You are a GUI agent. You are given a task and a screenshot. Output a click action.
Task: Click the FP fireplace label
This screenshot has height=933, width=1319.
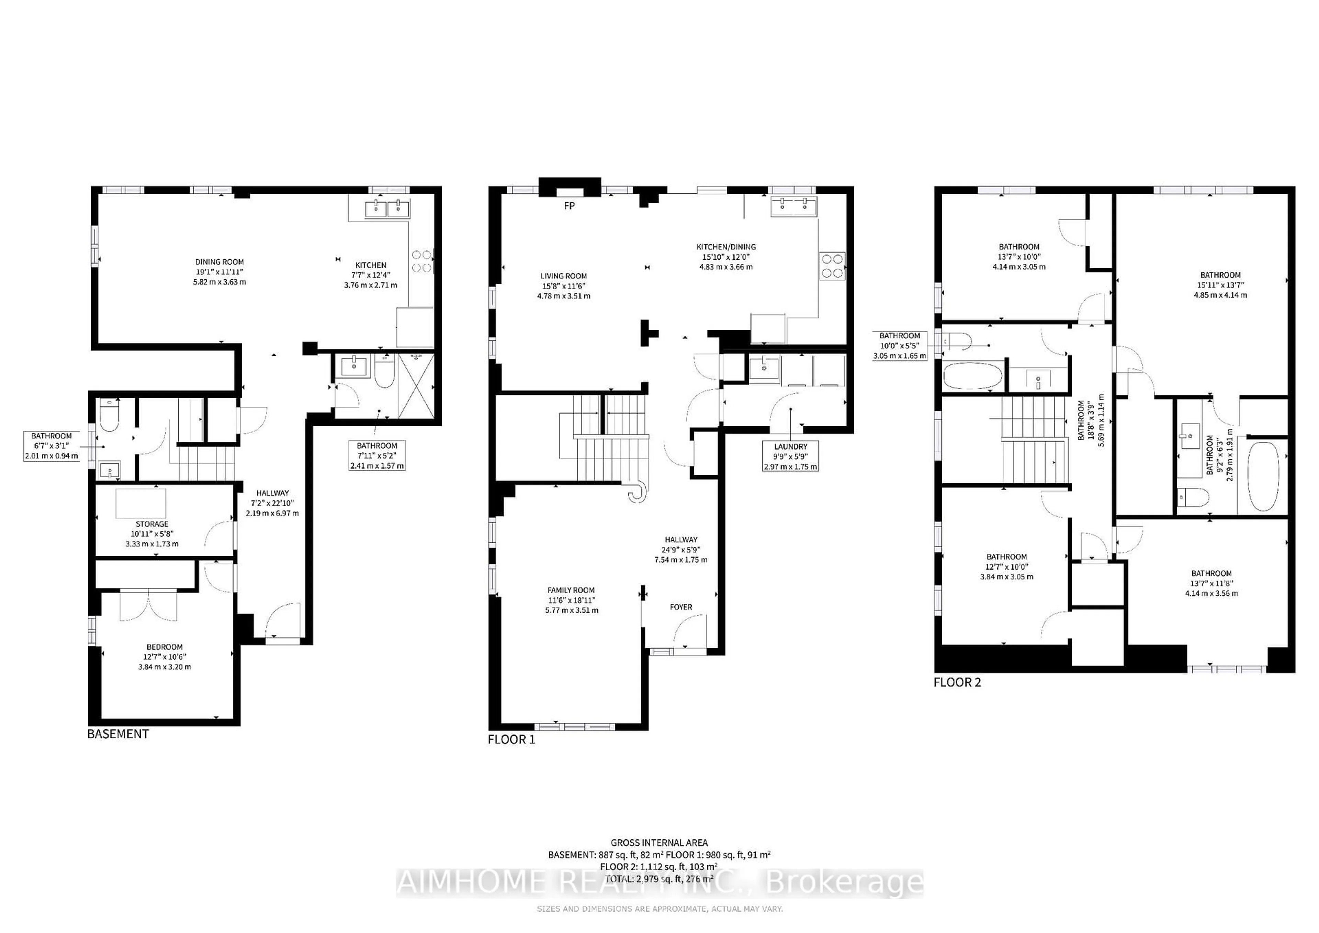[569, 206]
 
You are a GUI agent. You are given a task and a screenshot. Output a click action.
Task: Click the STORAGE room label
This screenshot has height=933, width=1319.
[152, 524]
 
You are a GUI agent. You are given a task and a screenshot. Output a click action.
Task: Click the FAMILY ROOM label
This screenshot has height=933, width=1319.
[571, 590]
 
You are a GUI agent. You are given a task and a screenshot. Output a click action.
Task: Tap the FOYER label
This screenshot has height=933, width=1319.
[681, 607]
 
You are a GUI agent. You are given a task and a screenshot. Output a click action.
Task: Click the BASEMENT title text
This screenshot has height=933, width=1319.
[118, 734]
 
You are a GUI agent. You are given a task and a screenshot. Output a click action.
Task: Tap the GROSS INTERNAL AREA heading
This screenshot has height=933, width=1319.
[659, 843]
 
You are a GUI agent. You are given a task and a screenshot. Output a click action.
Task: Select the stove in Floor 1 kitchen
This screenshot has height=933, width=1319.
[832, 266]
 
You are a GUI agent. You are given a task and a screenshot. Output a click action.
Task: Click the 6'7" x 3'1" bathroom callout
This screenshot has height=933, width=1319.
[51, 446]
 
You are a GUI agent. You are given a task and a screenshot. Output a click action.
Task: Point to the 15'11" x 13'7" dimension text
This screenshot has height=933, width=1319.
[1220, 285]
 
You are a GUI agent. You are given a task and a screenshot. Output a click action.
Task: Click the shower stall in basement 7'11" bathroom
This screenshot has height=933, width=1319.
[416, 385]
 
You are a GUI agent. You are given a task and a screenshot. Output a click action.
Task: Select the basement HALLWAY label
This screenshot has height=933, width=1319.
[272, 493]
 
